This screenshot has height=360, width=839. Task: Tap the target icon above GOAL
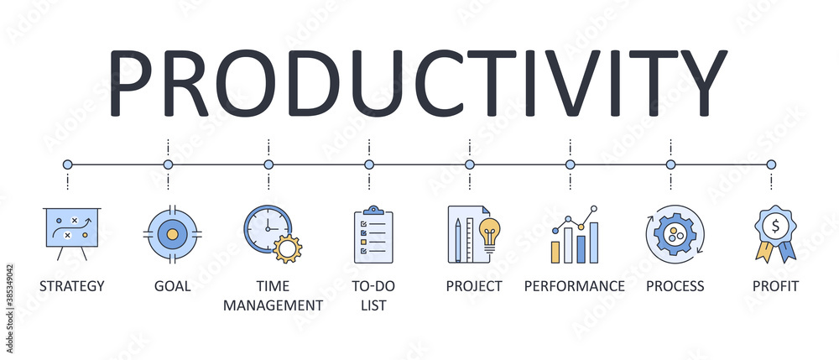click(x=172, y=232)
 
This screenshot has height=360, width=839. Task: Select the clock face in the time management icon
click(x=268, y=227)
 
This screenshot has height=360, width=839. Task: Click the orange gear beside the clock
click(x=289, y=249)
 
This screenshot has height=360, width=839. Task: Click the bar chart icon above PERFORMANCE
click(x=575, y=237)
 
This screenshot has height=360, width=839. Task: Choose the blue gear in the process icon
click(x=674, y=234)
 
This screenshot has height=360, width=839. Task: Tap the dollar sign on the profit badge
click(x=775, y=225)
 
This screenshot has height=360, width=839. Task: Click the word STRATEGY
click(x=71, y=286)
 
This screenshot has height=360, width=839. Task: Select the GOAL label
click(x=172, y=286)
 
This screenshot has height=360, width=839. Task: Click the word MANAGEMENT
click(x=273, y=305)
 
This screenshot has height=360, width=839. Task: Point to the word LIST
click(x=373, y=305)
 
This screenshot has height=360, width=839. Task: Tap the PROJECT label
click(x=474, y=286)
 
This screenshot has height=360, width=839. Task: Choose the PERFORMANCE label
click(x=575, y=286)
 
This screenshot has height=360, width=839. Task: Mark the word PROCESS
click(x=675, y=286)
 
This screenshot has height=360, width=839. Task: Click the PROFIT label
click(x=775, y=286)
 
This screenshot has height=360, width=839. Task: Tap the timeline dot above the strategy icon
click(x=68, y=164)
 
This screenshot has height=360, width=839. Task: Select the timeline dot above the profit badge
click(x=771, y=164)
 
